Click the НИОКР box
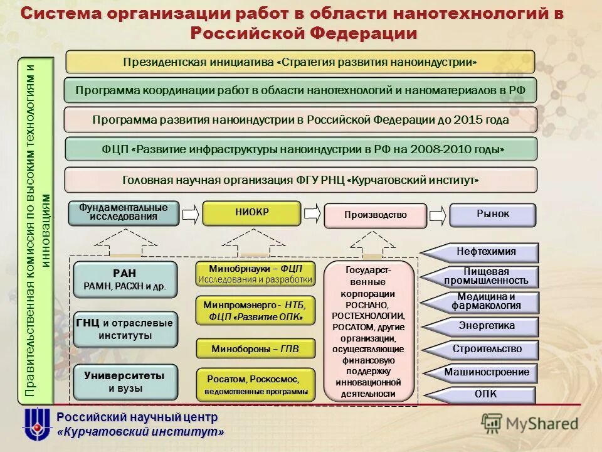pyautogui.click(x=251, y=213)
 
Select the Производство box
pyautogui.click(x=375, y=215)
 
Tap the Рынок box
pyautogui.click(x=493, y=215)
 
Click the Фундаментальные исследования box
pyautogui.click(x=124, y=213)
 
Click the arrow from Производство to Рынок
pyautogui.click(x=438, y=214)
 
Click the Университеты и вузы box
pyautogui.click(x=125, y=382)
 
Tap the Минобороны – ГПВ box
pyautogui.click(x=255, y=348)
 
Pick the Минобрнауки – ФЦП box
pyautogui.click(x=255, y=274)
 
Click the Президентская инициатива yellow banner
pyautogui.click(x=300, y=62)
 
